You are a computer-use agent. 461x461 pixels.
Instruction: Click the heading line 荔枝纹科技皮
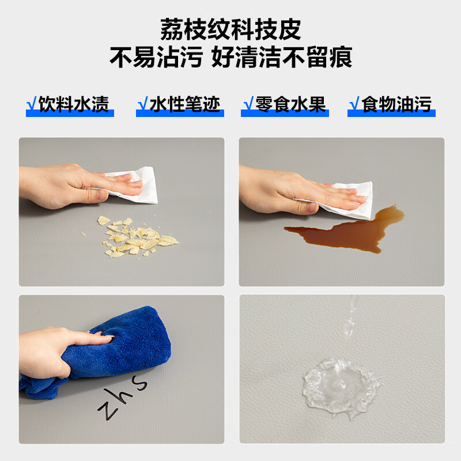click(231, 29)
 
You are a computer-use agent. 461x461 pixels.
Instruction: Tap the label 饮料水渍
click(74, 104)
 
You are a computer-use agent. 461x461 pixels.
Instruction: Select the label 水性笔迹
click(184, 104)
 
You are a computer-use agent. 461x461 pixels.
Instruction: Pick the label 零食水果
click(290, 104)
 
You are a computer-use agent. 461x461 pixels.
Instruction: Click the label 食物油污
click(396, 104)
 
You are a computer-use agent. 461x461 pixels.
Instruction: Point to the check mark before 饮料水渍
click(32, 104)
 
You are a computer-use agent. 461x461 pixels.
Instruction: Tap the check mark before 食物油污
click(354, 104)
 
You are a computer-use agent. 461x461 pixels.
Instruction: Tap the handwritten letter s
click(139, 383)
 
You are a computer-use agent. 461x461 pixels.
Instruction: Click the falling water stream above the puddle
click(350, 316)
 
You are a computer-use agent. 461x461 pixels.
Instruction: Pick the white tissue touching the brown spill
click(347, 200)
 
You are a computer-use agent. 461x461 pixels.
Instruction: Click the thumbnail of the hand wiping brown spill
click(341, 211)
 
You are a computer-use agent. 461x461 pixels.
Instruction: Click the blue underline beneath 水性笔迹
click(180, 114)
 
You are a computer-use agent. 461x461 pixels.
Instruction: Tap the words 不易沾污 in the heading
click(156, 57)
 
